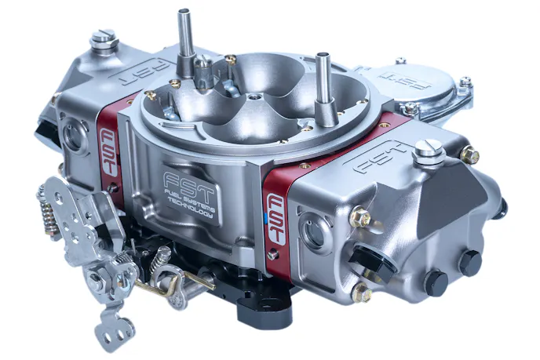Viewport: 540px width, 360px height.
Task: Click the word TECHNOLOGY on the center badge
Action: coord(190,207)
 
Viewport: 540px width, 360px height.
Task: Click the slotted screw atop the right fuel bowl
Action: coord(428,151)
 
